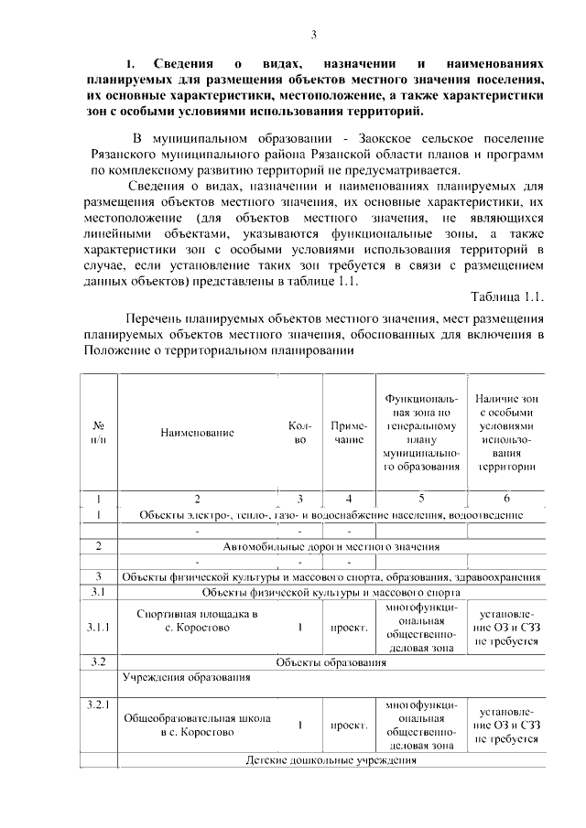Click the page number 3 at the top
click(313, 36)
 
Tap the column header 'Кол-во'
click(299, 433)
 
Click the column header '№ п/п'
click(98, 433)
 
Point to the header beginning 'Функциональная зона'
click(420, 433)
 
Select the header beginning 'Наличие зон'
click(505, 432)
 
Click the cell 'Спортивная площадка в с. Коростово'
click(197, 621)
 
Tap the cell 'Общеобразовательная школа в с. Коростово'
click(197, 726)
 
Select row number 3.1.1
click(98, 629)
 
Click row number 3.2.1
click(98, 705)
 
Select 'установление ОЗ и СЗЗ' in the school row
click(505, 726)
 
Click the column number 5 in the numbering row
click(420, 499)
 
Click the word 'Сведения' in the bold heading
click(182, 65)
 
